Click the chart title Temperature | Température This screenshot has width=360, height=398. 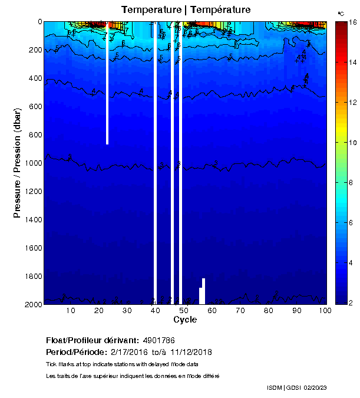point(186,9)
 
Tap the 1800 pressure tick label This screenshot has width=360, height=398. point(32,276)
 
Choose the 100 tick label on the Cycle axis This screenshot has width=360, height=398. point(324,310)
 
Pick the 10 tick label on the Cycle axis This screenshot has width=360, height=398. point(71,310)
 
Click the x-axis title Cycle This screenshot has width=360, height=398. point(185,320)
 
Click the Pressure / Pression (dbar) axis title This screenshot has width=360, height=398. point(18,163)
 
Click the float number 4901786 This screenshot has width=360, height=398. point(158,341)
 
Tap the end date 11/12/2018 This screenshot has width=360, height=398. point(191,352)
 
